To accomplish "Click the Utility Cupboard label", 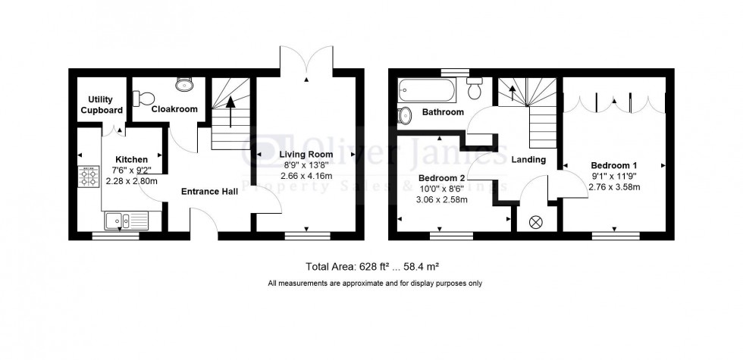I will (x=105, y=105).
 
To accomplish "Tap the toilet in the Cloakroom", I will (x=143, y=98).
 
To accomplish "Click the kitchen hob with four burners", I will (x=89, y=177).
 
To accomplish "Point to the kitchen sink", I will (x=121, y=221).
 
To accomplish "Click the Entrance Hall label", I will (x=209, y=192).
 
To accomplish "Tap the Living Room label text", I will (x=306, y=154).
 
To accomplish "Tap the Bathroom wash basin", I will (x=405, y=115).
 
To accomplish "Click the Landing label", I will (x=528, y=160).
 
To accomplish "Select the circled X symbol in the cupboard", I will (x=537, y=222).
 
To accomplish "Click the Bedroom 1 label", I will (x=614, y=164).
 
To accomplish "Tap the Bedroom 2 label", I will (x=444, y=178).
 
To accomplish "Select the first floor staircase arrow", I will (x=513, y=93).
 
